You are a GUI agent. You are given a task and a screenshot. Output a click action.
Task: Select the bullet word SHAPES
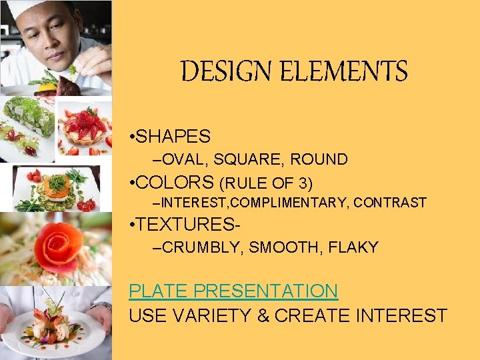tap(175, 137)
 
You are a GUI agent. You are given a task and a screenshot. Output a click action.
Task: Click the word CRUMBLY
tap(203, 247)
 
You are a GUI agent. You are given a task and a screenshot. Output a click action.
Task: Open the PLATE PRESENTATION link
tap(233, 291)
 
